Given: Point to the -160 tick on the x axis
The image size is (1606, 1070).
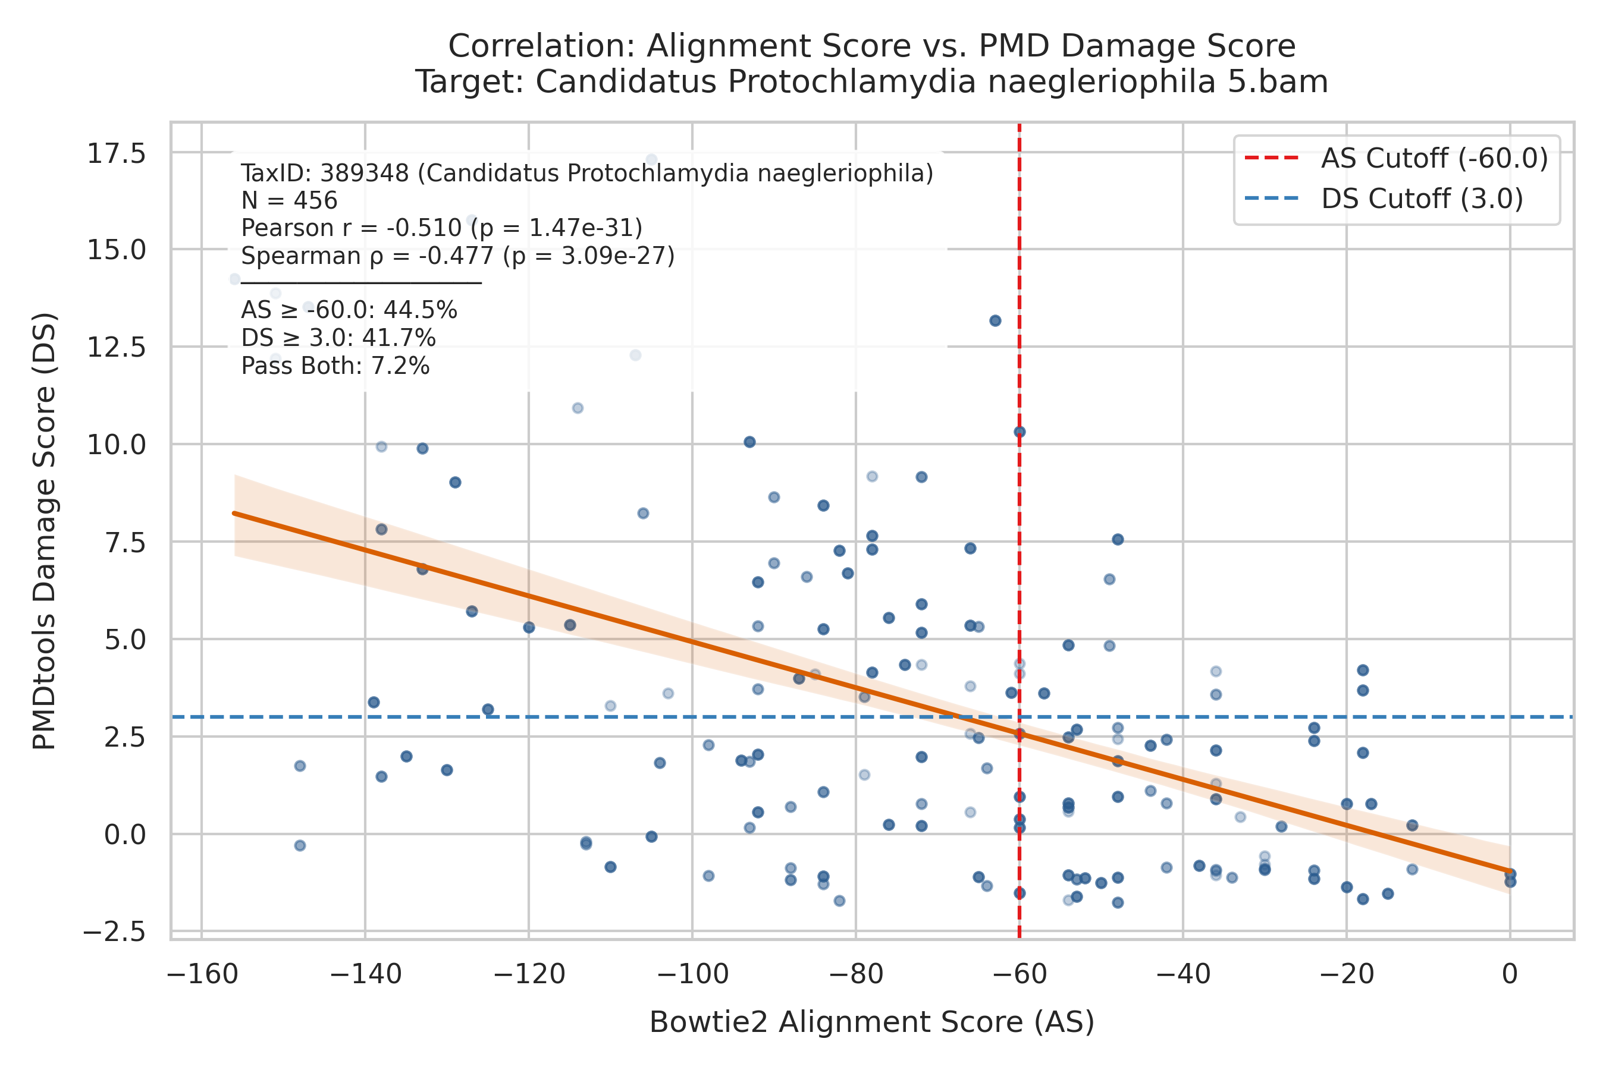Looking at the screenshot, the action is point(203,974).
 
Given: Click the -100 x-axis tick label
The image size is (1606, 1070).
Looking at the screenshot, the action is point(693,974).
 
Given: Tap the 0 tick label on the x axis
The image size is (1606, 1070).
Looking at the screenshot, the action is point(1510,974).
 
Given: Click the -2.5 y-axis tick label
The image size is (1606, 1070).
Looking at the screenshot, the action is point(114,931).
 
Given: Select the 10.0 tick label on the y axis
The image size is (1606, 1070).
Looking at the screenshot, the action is point(116,445).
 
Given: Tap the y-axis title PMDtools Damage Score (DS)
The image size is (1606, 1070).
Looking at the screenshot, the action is point(45,531).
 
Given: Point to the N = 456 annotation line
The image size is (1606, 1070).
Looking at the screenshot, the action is point(290,201).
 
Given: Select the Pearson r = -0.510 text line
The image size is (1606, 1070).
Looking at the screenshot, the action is point(442,228).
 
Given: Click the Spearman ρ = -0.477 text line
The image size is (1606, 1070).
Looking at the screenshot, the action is point(458,256).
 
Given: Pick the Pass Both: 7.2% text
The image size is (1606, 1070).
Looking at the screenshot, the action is point(335,366).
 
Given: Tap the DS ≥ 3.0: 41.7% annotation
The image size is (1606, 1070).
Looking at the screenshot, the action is point(338,338).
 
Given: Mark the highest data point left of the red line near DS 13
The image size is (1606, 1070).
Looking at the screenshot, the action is point(996,321).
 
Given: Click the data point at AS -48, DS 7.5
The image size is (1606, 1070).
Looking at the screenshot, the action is point(1118,540).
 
